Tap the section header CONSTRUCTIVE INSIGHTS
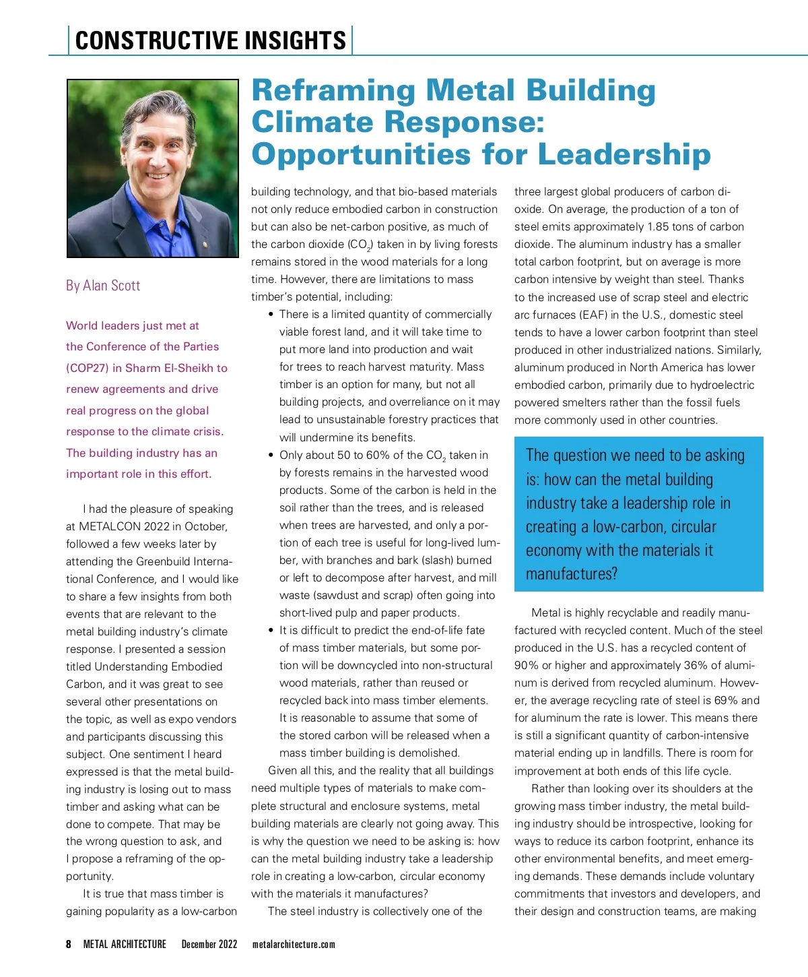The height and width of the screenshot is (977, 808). click(210, 40)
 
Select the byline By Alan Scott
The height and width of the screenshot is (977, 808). click(103, 286)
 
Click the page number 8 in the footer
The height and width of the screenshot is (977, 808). click(69, 944)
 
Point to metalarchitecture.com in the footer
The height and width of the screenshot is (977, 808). click(294, 944)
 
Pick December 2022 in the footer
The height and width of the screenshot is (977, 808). click(209, 944)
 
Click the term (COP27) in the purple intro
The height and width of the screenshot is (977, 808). click(88, 368)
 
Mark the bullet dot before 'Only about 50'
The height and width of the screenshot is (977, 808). click(271, 455)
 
